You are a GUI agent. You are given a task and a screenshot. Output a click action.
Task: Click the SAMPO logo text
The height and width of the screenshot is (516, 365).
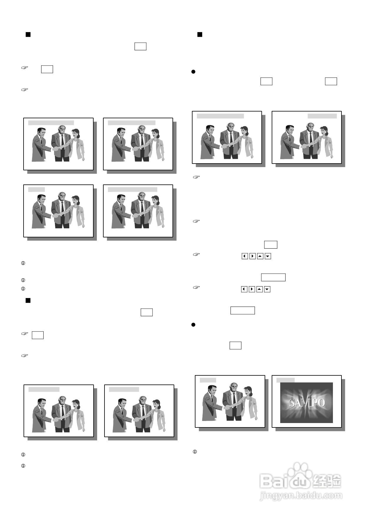coord(307,403)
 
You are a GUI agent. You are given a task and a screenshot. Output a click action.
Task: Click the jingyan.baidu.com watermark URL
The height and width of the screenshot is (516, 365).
coord(301,495)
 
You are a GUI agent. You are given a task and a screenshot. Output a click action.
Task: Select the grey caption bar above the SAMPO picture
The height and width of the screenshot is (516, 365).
coord(286,380)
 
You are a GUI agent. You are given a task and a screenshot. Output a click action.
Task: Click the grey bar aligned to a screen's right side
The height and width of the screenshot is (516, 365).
coord(322,116)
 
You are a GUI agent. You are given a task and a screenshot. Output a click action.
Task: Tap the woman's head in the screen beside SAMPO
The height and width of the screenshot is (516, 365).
coord(248,391)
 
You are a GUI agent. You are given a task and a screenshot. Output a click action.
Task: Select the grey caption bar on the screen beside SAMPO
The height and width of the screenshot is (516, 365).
coord(208,380)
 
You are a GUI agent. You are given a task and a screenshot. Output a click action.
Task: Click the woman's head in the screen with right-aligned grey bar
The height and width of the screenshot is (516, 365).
coord(324,131)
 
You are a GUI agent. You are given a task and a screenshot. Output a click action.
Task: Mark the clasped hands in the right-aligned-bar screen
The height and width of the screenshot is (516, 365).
coord(303,146)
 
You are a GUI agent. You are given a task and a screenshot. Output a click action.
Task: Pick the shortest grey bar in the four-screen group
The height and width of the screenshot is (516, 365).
coord(36,189)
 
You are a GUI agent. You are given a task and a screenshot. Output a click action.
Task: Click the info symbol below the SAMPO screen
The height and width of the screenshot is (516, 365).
coord(195,452)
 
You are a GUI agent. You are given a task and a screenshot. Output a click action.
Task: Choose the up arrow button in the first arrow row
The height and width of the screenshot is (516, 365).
coord(260,256)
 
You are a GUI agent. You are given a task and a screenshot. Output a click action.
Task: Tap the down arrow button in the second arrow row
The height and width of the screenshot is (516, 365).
coord(267,289)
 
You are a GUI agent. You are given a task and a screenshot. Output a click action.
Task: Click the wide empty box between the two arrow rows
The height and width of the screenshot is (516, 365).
coord(273,277)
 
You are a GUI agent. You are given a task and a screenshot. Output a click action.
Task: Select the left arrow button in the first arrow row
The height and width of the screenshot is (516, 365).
coord(245,256)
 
